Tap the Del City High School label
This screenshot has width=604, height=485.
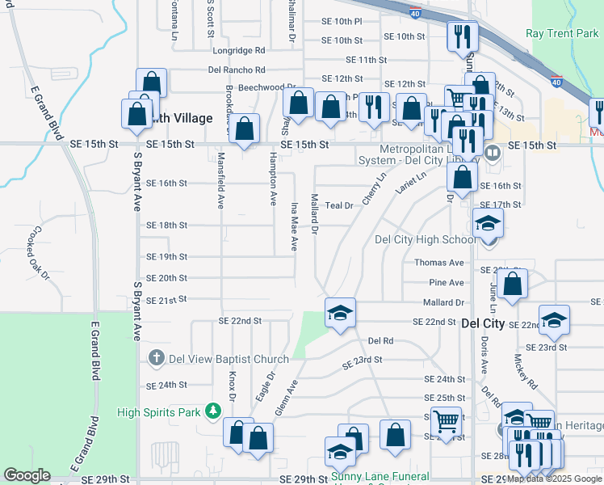(x=426, y=239)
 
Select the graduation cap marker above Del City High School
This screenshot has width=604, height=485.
(x=488, y=222)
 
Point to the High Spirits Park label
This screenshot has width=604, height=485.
(x=158, y=412)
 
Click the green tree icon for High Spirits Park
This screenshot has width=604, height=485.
(x=212, y=412)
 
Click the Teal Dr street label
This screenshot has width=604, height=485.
(x=339, y=206)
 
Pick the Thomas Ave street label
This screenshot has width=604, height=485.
(x=439, y=263)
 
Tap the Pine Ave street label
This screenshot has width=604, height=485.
(x=447, y=283)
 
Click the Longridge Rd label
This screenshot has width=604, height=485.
(x=239, y=50)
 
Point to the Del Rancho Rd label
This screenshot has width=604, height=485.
(x=237, y=70)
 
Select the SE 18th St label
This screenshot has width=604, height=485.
(x=166, y=225)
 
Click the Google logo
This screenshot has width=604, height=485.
(x=27, y=475)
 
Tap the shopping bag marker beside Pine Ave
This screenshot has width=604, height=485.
(x=512, y=285)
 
